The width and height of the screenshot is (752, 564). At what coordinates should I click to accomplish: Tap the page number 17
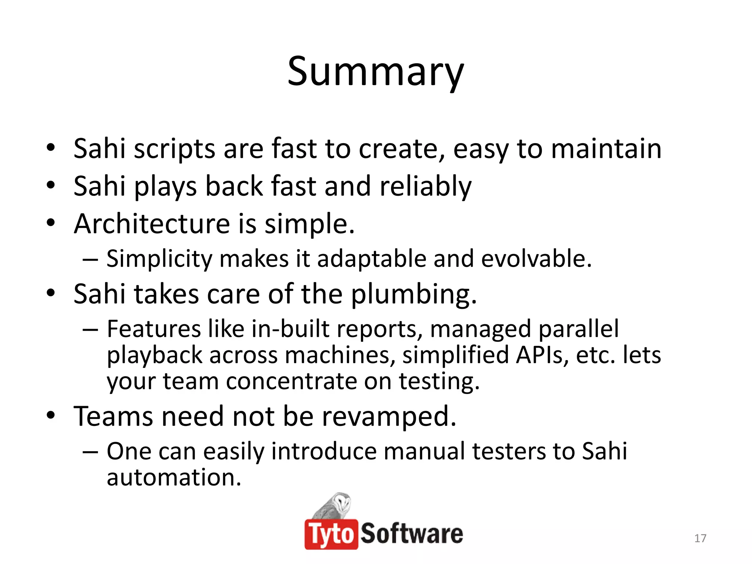tap(700, 538)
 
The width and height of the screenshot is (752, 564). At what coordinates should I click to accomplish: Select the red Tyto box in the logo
tap(331, 534)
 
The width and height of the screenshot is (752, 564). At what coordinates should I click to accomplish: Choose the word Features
tap(154, 329)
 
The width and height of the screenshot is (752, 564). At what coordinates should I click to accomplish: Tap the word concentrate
tap(291, 381)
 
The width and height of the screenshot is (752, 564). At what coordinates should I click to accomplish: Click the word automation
tap(174, 477)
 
